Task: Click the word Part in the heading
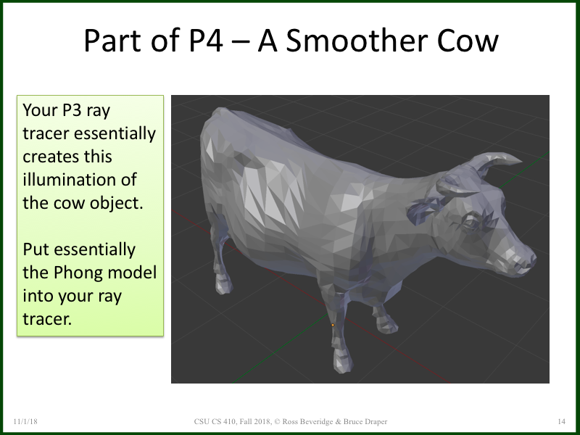[112, 41]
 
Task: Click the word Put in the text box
[37, 249]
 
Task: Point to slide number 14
[561, 421]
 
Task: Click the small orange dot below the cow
[333, 325]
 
